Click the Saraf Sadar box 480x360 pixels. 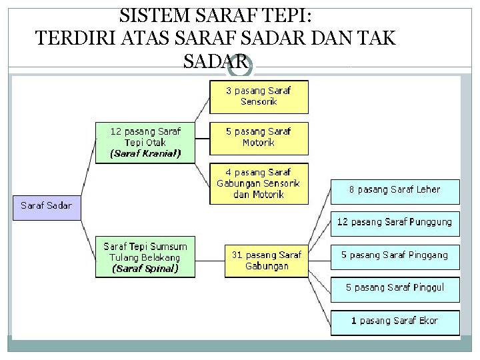(x=46, y=206)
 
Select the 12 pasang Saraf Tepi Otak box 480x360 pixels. (x=145, y=141)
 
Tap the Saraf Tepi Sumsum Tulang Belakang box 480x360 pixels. (x=145, y=257)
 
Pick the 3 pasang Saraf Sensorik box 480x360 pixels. (x=259, y=97)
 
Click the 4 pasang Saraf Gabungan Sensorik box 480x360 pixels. (x=259, y=183)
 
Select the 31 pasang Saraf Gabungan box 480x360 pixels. (x=266, y=260)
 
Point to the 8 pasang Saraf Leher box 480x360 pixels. (x=395, y=190)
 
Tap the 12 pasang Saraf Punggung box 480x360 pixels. (x=395, y=223)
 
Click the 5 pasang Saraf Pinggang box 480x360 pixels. (x=395, y=255)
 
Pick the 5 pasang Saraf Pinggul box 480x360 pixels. (x=395, y=288)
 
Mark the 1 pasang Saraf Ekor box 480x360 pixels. (x=395, y=321)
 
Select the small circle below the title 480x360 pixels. (x=245, y=67)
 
